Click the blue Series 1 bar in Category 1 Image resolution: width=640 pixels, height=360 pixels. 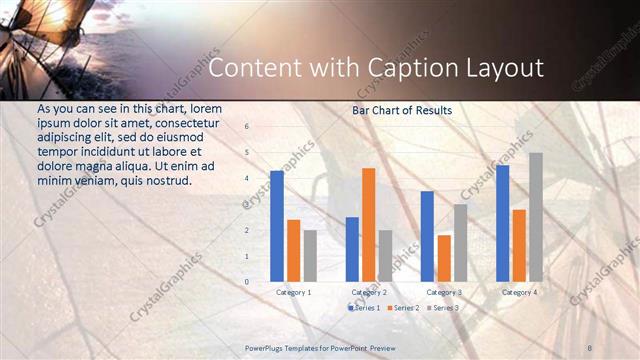click(277, 226)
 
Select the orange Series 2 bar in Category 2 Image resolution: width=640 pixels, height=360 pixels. click(368, 225)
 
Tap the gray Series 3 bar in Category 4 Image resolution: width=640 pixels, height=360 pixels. click(535, 217)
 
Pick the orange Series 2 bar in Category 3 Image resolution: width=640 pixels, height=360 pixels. click(444, 258)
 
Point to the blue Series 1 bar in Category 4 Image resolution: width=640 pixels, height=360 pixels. click(502, 223)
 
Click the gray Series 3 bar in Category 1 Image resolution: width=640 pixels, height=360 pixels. click(310, 256)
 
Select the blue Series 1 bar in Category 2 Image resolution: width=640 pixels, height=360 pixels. click(352, 249)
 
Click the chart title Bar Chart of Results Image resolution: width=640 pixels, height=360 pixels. click(402, 110)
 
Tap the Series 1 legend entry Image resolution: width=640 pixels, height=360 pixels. click(362, 308)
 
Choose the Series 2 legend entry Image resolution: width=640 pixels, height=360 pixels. click(402, 308)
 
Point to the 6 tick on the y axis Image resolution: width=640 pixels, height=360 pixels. click(247, 127)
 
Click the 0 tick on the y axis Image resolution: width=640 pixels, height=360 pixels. click(247, 282)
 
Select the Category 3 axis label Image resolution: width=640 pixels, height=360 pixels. click(443, 292)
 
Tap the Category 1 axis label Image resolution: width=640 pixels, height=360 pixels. click(293, 292)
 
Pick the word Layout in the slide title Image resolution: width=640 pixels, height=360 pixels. click(503, 68)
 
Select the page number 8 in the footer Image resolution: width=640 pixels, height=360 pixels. click(591, 346)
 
